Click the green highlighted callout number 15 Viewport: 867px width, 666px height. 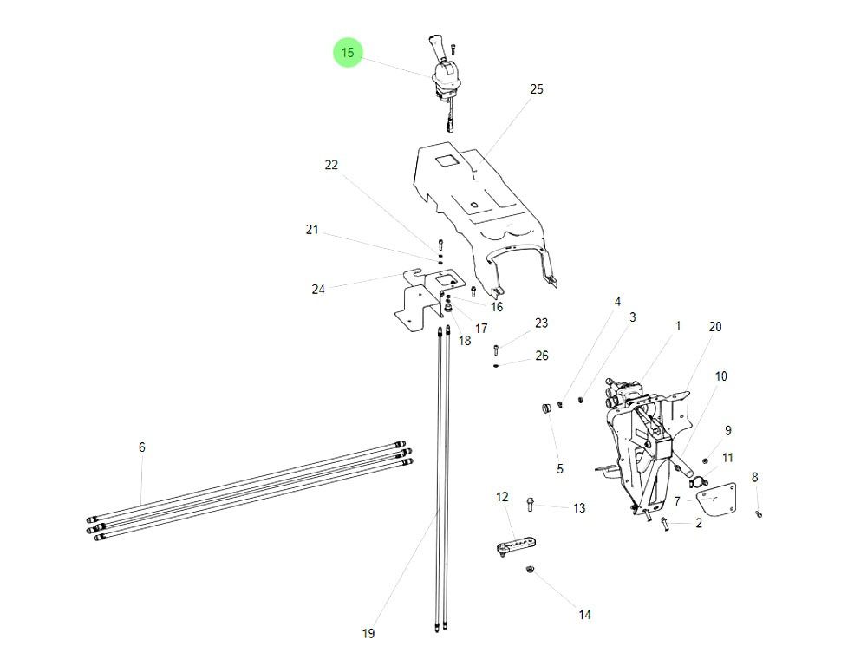[x=348, y=54]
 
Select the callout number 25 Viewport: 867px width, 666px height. [x=537, y=89]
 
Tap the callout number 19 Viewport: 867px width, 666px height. [x=368, y=634]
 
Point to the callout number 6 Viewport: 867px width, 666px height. [x=142, y=447]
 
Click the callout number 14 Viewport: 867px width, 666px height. [x=584, y=615]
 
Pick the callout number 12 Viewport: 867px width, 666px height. [x=502, y=497]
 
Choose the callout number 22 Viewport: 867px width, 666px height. [x=331, y=165]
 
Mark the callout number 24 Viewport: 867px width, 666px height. [x=318, y=290]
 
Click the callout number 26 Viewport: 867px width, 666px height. [x=542, y=356]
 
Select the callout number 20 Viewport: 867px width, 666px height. [x=714, y=327]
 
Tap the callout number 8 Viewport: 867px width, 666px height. [x=754, y=477]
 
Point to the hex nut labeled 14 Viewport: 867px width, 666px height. [x=530, y=570]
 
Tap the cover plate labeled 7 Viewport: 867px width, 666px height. [x=716, y=504]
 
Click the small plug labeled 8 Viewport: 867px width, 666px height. [x=759, y=513]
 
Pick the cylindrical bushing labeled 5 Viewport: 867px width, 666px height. [x=548, y=408]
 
